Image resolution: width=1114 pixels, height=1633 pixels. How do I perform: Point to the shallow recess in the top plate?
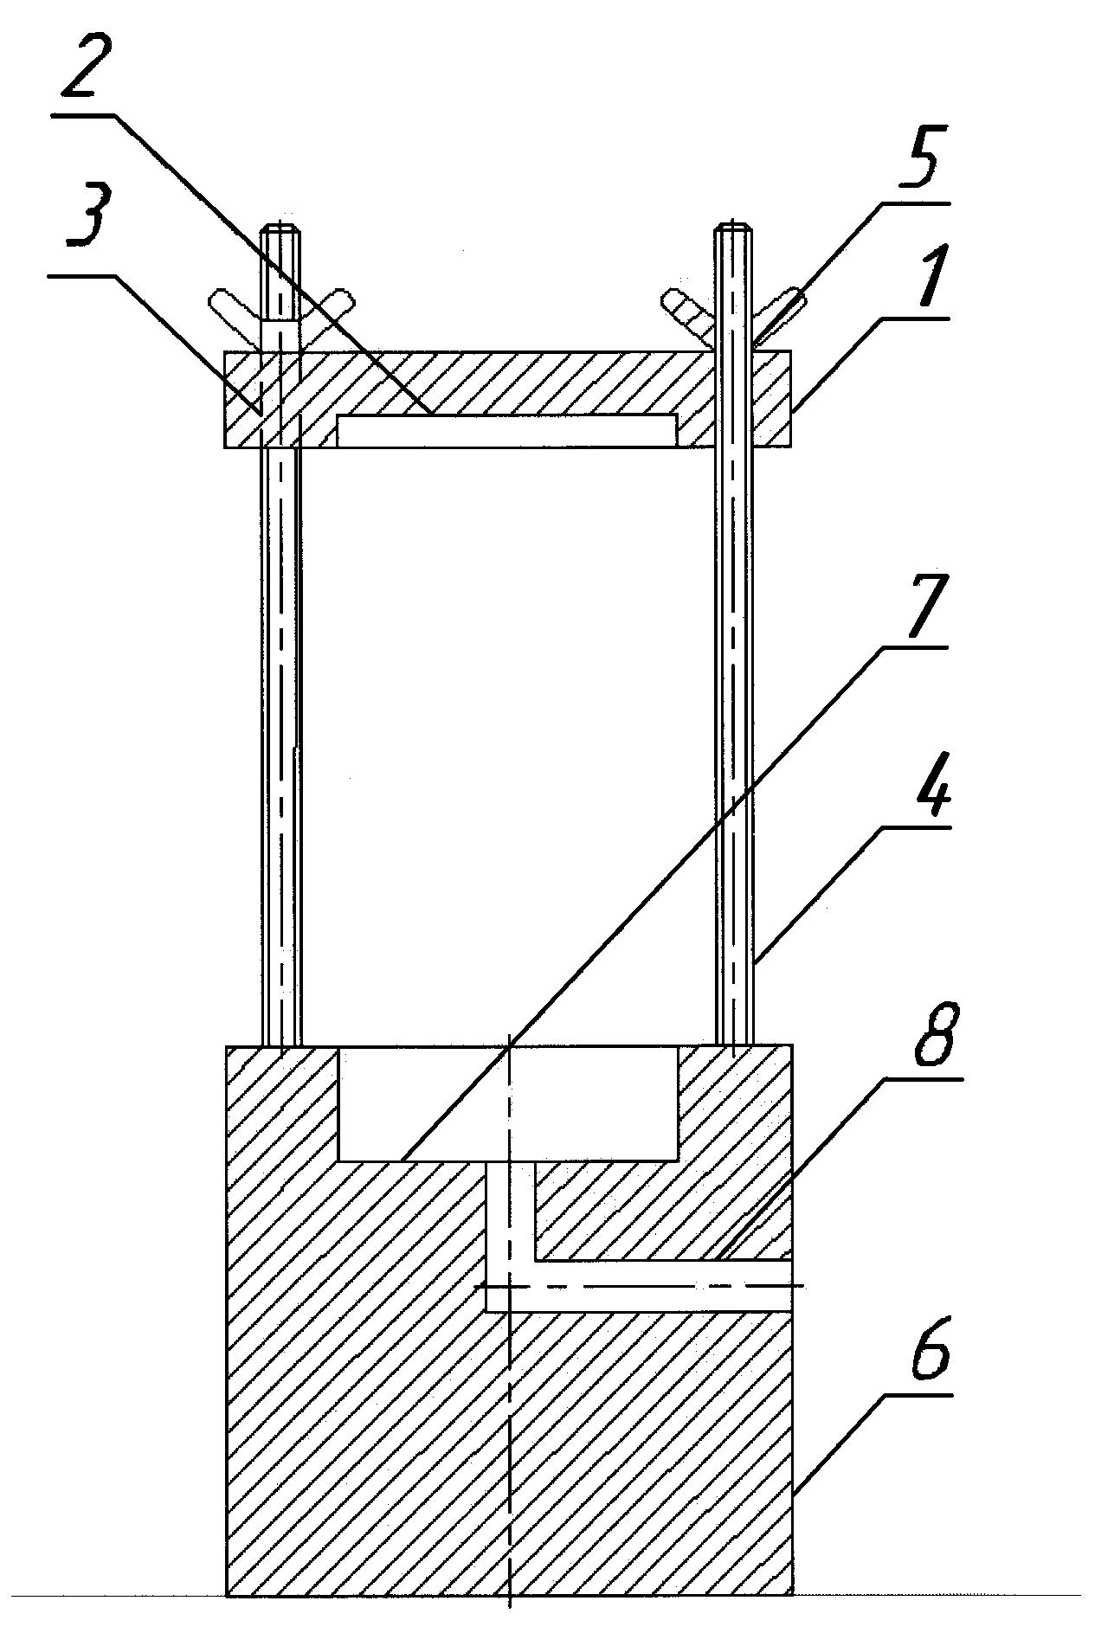[x=505, y=431]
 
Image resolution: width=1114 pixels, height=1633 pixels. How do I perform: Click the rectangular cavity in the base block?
[x=507, y=1103]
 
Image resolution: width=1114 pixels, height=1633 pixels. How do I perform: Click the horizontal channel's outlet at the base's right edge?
[x=791, y=1286]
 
